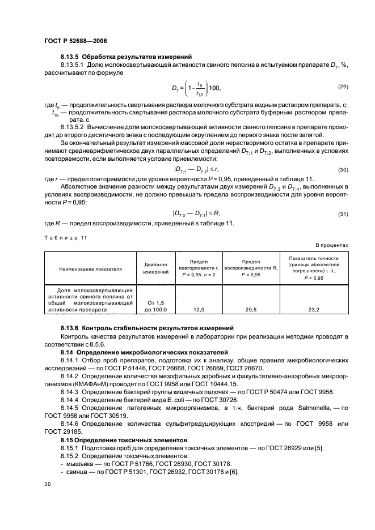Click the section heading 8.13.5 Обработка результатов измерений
tap(127, 57)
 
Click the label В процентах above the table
tap(332, 245)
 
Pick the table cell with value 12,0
tap(198, 310)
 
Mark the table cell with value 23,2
tap(313, 310)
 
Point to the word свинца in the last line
tap(75, 471)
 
